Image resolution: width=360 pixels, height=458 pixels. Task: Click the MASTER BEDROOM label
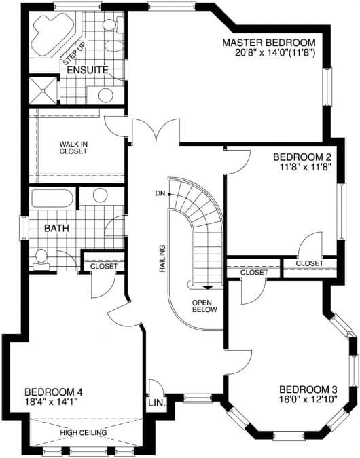coord(269,43)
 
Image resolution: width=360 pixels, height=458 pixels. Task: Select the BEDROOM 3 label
coord(308,389)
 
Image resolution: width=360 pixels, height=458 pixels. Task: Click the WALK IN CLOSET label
coord(73,147)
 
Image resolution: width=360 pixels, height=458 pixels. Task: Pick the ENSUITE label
coord(88,70)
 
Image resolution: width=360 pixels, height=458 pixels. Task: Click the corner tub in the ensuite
coord(52,35)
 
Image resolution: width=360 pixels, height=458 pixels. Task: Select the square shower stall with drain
coord(43,90)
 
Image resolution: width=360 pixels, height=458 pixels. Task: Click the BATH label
coord(56,228)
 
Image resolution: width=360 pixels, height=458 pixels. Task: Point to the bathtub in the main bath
coord(52,198)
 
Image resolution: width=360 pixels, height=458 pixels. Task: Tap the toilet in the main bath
coord(41,259)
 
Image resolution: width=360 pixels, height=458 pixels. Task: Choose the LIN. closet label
coord(157,403)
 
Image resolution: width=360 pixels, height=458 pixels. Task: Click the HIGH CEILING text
coord(84,432)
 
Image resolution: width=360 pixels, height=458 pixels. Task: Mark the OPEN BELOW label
coord(204,306)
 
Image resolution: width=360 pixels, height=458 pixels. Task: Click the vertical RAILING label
coord(162,259)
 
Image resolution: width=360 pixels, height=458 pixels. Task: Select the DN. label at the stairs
coord(160,193)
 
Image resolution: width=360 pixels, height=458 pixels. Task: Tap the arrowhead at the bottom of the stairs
coord(208,288)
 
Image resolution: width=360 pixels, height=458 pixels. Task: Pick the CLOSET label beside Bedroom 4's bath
coord(104,266)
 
